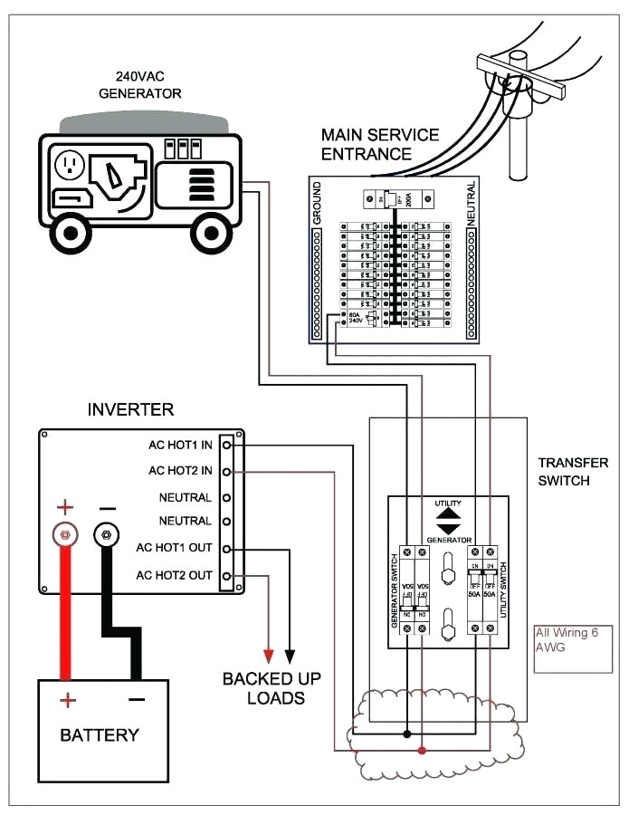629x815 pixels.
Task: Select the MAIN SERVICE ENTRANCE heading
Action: pos(380,144)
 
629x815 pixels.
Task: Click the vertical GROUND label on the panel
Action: pos(317,200)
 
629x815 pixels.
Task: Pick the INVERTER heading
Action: pos(130,410)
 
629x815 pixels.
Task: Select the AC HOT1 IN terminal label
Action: pos(180,445)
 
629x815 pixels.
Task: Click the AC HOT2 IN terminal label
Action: pos(180,471)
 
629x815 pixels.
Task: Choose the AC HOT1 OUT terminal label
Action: pos(174,548)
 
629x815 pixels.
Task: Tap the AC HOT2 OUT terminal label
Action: pos(174,575)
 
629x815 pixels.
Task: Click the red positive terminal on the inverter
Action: pos(64,535)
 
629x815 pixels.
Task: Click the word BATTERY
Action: pos(100,734)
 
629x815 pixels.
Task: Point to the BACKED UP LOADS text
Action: pos(272,688)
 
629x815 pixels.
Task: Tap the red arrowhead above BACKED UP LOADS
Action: pos(269,655)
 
